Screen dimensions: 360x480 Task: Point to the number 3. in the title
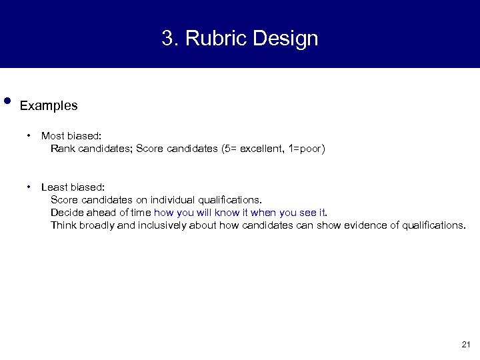[x=169, y=39]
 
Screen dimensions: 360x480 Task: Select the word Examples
[x=49, y=105]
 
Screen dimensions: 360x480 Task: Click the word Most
[x=52, y=136]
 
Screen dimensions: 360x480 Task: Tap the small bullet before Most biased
[x=30, y=136]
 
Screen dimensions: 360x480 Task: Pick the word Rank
[x=63, y=149]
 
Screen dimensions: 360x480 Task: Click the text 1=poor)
[x=304, y=149]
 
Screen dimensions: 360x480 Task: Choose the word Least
[x=53, y=187]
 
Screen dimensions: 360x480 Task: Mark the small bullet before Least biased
[x=30, y=187]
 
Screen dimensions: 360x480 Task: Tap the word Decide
[x=67, y=213]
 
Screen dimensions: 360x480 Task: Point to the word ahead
[x=100, y=213]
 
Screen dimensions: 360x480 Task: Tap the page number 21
[x=465, y=345]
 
